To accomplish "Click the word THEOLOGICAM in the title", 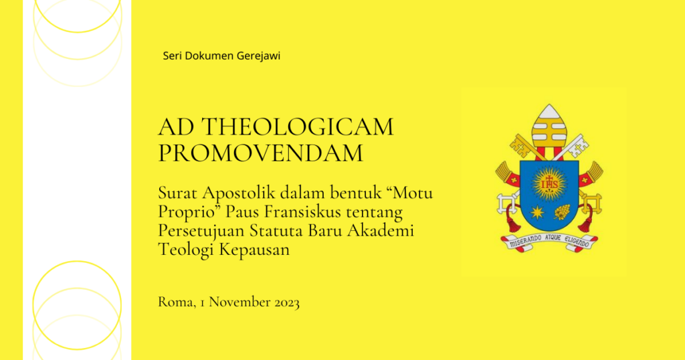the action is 298,126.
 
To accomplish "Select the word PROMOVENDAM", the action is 260,153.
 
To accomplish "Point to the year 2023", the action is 286,302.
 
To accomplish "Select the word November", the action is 239,302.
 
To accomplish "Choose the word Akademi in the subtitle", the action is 381,230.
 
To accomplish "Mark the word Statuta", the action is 276,230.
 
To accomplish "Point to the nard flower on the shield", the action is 562,212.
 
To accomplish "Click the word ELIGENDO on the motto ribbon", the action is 577,241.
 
